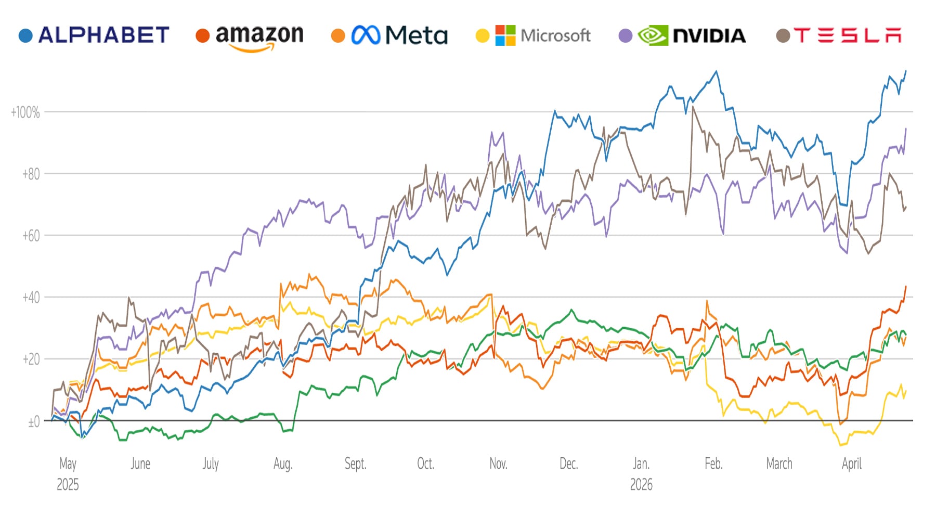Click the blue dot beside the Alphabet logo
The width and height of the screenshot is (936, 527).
25,36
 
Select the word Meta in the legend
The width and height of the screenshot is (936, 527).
416,36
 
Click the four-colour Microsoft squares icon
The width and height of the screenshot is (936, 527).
505,35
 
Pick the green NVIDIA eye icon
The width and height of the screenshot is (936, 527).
653,35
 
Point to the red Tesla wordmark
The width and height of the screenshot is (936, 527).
847,35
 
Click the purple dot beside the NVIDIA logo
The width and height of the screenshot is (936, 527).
626,36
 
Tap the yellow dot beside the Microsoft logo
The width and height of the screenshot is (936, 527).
483,36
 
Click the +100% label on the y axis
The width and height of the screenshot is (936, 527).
25,112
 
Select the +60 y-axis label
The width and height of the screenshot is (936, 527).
31,236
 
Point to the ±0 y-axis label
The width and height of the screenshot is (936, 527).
33,422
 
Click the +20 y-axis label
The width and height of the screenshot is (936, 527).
31,359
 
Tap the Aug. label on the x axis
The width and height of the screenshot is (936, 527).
283,464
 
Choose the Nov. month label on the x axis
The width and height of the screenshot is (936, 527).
498,464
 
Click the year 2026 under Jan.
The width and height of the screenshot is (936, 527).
641,485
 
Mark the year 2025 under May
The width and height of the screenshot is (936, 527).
68,485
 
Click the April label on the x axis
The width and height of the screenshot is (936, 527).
852,464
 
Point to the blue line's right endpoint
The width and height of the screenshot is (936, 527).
906,71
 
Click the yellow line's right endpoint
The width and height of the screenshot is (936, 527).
906,391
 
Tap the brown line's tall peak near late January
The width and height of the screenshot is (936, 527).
693,107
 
